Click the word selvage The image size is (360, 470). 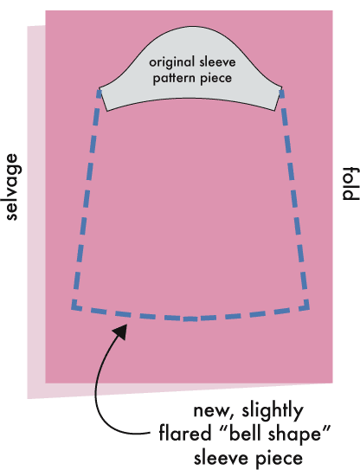(12, 187)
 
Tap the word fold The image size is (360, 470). (350, 183)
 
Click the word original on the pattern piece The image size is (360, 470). (172, 62)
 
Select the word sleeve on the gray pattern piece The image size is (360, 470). (217, 62)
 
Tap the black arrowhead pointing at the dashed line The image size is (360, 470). (120, 332)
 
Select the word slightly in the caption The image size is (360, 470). (273, 410)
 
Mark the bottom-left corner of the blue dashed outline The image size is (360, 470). (73, 308)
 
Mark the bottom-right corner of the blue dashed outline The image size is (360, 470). (307, 308)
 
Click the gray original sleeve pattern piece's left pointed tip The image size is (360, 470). (100, 88)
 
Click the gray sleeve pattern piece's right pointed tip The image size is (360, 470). (282, 87)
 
